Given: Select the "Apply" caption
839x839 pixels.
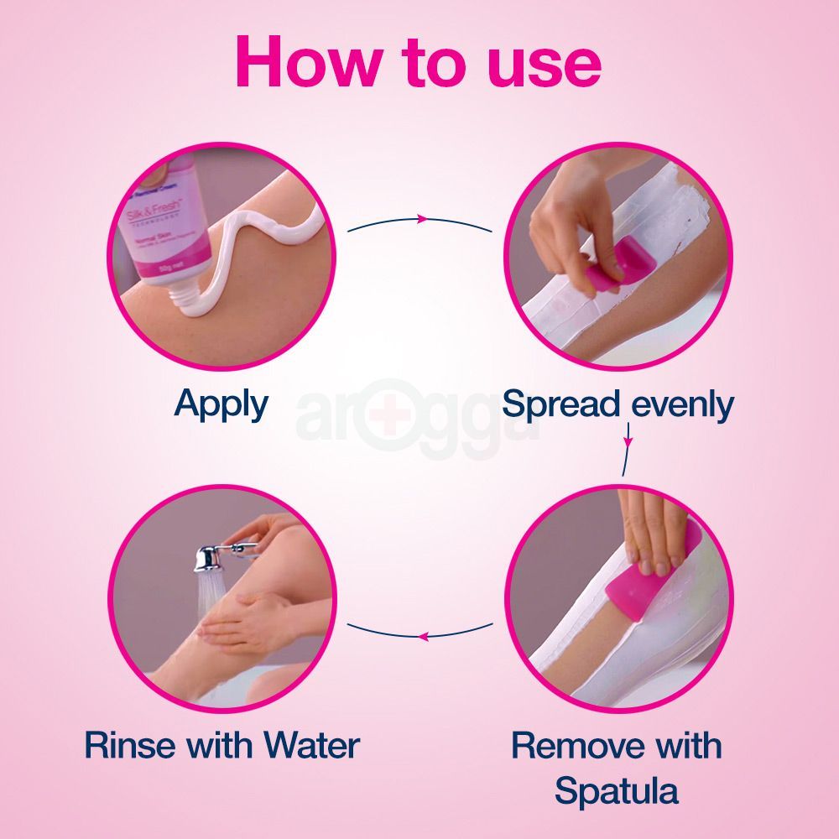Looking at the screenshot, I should tap(221, 404).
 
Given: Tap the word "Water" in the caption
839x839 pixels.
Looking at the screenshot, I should tap(312, 745).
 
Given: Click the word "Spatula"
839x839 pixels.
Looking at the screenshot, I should tap(617, 791).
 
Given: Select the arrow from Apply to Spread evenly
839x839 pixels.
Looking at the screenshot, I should tap(420, 221).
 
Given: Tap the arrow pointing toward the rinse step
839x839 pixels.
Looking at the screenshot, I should tap(420, 635).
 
